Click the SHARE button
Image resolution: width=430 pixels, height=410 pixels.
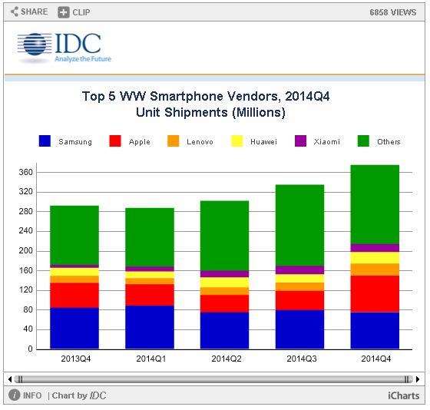click(x=29, y=12)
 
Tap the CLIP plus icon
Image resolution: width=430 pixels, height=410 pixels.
click(x=63, y=12)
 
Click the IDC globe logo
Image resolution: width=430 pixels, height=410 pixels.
click(x=35, y=45)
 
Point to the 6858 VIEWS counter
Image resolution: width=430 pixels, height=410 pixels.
click(x=392, y=12)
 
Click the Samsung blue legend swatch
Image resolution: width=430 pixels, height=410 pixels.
click(x=45, y=141)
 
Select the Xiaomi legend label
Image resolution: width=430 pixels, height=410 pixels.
click(x=326, y=142)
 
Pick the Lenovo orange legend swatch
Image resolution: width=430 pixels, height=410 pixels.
click(x=173, y=141)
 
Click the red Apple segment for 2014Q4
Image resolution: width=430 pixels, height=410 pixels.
click(x=375, y=294)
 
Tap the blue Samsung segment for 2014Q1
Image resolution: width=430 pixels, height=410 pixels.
click(x=150, y=327)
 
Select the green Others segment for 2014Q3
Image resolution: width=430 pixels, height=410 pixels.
click(x=299, y=225)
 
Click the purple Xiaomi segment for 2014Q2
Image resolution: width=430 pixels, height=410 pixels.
click(x=224, y=274)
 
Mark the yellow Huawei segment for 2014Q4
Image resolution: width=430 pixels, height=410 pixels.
click(x=375, y=258)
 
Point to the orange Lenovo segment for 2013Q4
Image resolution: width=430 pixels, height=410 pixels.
click(x=74, y=279)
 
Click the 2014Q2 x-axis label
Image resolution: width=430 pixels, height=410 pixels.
click(x=227, y=359)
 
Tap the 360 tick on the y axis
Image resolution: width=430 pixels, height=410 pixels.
click(x=26, y=172)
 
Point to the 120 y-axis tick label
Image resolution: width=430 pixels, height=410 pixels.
click(x=26, y=290)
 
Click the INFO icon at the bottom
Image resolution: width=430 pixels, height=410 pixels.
click(x=15, y=395)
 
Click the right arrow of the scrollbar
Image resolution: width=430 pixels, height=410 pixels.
click(x=418, y=379)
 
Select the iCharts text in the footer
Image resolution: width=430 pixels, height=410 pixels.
click(x=403, y=395)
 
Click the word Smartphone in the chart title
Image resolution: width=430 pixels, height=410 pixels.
click(x=187, y=96)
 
